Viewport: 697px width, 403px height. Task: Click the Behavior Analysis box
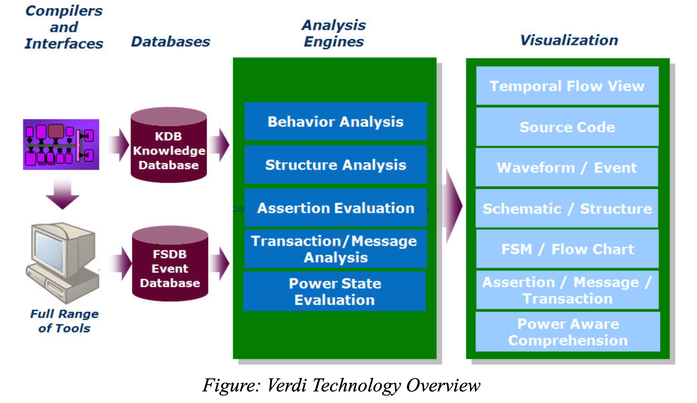[335, 121]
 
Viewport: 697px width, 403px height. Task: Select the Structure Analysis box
[335, 165]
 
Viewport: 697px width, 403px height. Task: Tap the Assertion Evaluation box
[335, 208]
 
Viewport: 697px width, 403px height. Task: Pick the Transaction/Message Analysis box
[335, 249]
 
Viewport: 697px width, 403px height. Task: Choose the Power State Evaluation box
[335, 291]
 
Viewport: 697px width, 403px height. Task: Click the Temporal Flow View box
[567, 86]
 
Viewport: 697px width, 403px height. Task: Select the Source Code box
[567, 127]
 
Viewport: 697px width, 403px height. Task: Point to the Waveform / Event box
[567, 168]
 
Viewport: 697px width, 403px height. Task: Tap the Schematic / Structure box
[567, 209]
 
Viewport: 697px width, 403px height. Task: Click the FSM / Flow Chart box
[567, 249]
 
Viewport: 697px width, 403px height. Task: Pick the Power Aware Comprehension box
[568, 332]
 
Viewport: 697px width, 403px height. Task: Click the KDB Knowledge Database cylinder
[169, 145]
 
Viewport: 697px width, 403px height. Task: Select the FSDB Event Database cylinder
[170, 264]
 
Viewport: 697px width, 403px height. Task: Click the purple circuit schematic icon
[61, 145]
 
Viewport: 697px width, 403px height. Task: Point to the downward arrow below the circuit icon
[63, 194]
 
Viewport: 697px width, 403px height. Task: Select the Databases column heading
[171, 42]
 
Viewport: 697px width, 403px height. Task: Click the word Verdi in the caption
[286, 385]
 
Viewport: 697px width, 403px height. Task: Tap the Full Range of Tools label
[64, 321]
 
